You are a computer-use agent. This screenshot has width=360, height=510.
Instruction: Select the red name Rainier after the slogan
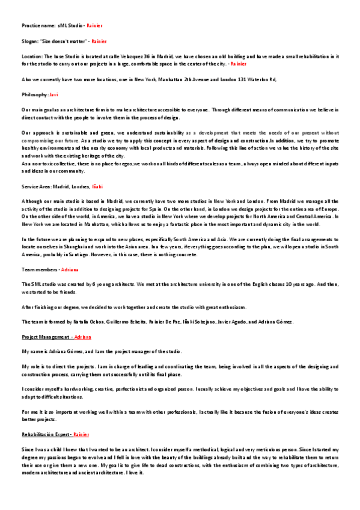click(99, 41)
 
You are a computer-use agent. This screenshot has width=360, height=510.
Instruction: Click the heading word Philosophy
click(34, 94)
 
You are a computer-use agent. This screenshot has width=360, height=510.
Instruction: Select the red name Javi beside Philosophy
click(53, 94)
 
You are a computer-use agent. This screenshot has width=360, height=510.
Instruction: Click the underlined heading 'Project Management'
click(46, 337)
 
